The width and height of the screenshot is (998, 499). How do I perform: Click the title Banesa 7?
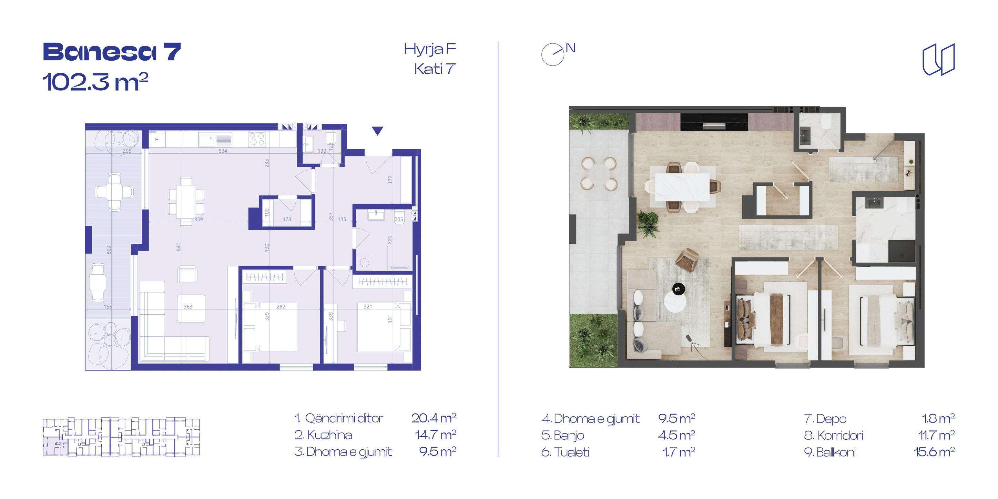point(112,53)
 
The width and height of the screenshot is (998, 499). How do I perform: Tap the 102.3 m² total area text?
point(95,82)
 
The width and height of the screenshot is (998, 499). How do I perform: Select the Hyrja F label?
point(430,50)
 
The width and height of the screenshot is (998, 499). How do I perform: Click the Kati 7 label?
point(435,69)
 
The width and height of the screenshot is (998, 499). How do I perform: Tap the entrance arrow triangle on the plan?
point(377,131)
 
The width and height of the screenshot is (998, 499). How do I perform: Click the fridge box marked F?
point(157,140)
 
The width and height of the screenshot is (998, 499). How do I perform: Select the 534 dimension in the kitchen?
point(223,151)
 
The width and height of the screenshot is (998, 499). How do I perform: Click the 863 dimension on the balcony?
point(109,250)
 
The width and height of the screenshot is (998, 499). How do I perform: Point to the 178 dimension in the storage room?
point(287,219)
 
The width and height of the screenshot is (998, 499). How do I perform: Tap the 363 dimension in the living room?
point(188,307)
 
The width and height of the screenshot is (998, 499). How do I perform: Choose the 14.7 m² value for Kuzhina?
point(436,435)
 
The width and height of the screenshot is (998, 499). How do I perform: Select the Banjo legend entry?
point(562,436)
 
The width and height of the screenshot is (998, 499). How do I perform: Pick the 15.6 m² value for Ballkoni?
point(934,452)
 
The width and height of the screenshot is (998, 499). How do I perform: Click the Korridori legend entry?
point(834,436)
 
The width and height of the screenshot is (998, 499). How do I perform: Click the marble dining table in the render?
point(682,187)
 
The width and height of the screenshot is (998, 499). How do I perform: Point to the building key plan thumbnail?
point(121,437)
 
